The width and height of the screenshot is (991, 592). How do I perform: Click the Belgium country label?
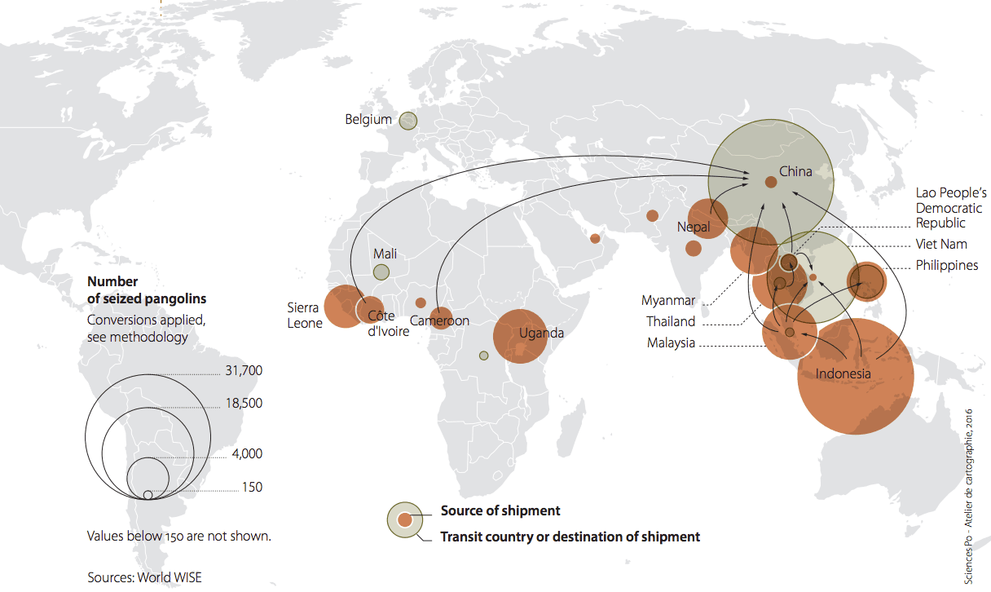tap(368, 120)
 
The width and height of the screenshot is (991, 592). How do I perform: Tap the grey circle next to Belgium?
tap(408, 121)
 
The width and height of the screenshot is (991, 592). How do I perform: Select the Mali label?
tap(385, 254)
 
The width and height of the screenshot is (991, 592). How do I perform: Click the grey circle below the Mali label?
tap(381, 273)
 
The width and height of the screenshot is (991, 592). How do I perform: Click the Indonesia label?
tap(843, 374)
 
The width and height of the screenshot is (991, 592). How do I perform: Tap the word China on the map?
tap(795, 172)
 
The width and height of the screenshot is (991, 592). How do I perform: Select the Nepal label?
tap(694, 227)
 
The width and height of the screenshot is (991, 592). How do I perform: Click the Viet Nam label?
tap(941, 244)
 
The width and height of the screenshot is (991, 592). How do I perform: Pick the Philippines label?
tap(946, 266)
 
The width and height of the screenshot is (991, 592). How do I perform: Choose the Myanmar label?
tap(668, 300)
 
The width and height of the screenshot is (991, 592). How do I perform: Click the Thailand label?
tap(671, 321)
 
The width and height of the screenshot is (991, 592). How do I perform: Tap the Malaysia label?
tap(671, 343)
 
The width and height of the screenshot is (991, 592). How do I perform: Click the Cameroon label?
tap(439, 320)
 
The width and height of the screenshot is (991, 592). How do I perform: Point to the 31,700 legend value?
tap(244, 371)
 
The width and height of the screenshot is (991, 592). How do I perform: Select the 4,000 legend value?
tap(247, 453)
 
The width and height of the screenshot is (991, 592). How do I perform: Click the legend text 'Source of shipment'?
tap(500, 511)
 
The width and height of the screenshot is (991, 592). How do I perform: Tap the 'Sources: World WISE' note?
tap(144, 577)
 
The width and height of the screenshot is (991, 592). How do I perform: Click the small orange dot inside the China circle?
tap(770, 182)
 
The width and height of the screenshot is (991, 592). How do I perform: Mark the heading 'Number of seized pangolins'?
tap(147, 290)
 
